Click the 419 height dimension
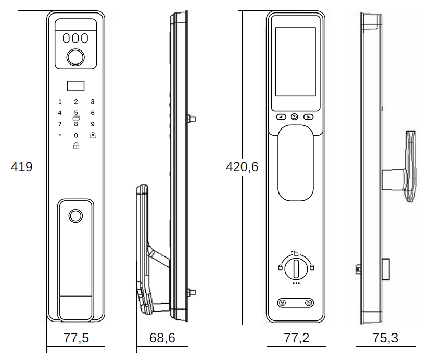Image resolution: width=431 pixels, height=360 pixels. coord(21,167)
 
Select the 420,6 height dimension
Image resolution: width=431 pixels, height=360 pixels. coord(242,167)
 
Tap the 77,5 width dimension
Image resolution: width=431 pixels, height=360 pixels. coord(76,338)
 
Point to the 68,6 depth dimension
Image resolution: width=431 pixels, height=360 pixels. coord(162,338)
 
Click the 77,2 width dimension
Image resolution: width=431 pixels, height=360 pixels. coord(296,338)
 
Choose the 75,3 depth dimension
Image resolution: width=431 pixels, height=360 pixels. coord(385,338)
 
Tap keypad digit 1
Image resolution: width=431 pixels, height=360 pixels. coord(60,101)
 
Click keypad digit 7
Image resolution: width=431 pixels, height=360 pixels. coord(60,124)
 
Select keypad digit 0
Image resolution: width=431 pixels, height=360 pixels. coord(76,135)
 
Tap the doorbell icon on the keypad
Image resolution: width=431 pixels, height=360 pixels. coord(93,135)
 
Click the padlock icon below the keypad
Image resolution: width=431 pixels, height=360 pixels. coord(76,145)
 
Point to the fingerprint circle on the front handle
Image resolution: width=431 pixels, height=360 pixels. coord(75,216)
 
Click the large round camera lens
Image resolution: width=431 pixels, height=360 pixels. coord(75,57)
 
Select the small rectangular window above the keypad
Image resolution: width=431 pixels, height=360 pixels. coord(76,86)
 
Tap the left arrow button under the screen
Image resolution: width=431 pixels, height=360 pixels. coord(281,117)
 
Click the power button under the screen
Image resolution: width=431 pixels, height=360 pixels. coord(295,117)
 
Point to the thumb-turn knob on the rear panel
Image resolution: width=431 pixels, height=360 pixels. coord(296,268)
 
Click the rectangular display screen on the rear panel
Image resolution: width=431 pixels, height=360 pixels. coord(296,61)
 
